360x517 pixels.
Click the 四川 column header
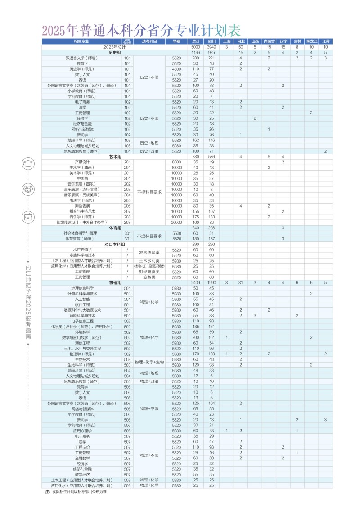212,41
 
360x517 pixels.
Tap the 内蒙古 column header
269,41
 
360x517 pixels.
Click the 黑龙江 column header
311,41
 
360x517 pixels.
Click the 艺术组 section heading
115,157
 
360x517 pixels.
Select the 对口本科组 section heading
115,244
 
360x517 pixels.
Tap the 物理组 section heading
115,283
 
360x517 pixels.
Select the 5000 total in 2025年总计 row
195,47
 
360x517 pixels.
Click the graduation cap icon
28,163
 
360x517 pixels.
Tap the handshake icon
28,190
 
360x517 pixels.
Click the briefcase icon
28,217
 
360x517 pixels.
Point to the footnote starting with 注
76,491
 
